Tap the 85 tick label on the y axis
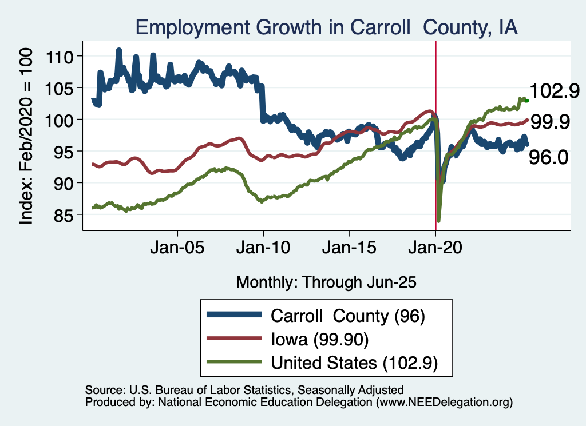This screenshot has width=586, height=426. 64,214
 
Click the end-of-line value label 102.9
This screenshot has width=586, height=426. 555,91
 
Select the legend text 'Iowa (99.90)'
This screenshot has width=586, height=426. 319,340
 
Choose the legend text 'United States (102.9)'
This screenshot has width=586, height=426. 354,363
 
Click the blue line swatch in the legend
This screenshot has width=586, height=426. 234,316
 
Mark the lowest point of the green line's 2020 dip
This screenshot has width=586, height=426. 439,221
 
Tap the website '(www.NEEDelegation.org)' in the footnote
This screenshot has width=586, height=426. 444,403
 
